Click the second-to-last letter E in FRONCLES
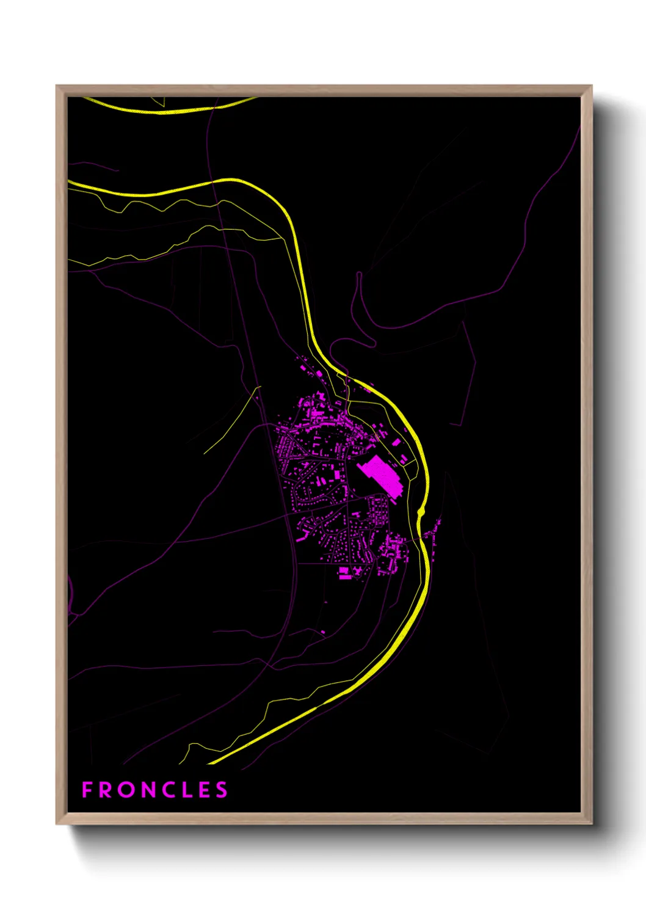205,790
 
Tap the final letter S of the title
222,790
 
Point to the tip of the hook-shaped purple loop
359,274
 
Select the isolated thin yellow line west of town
232,421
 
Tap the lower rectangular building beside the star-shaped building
345,575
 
